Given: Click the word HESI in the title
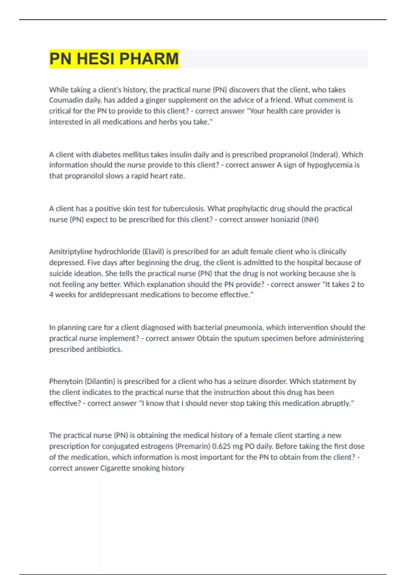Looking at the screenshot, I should pos(95,59).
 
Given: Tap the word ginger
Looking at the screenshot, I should pos(156,100).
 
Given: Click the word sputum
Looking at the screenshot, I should pos(248,338).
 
